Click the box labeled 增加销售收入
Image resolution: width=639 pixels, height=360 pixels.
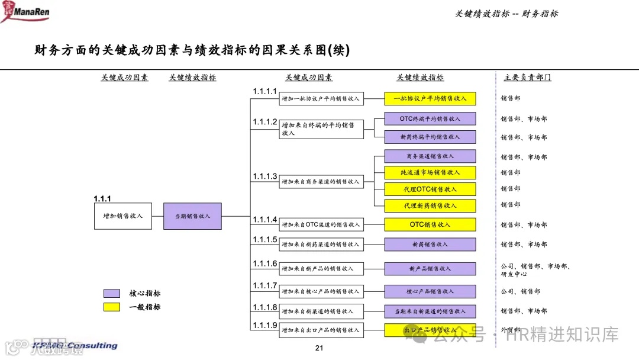click(x=122, y=216)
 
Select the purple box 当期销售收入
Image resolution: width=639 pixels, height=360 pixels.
click(x=192, y=216)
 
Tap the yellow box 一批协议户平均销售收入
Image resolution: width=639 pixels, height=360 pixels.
click(x=430, y=99)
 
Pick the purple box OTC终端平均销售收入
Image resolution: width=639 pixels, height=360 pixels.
click(x=430, y=119)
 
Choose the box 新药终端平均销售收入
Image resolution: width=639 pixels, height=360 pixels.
click(x=430, y=137)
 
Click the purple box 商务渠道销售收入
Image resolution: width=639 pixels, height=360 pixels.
click(x=430, y=156)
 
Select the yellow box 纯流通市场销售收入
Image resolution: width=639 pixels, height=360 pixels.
click(x=430, y=173)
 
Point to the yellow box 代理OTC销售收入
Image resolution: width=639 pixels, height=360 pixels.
click(x=430, y=189)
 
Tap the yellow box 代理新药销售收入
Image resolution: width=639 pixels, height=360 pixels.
click(x=430, y=205)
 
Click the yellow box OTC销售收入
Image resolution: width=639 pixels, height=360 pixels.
click(x=430, y=225)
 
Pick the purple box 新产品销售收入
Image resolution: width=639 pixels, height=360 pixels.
click(x=430, y=269)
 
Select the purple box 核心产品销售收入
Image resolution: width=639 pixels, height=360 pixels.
click(x=430, y=291)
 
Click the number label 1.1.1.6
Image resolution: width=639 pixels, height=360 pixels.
click(x=264, y=263)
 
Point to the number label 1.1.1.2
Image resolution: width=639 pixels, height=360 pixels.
click(x=264, y=121)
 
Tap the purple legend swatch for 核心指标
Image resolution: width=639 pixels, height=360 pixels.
click(x=112, y=294)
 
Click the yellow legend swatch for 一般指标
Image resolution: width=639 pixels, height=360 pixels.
click(x=112, y=307)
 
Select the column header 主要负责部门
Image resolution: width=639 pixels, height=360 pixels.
click(x=527, y=78)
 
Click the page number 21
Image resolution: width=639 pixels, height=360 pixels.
click(x=319, y=348)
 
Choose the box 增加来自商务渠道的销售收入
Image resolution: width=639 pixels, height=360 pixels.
click(x=321, y=182)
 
